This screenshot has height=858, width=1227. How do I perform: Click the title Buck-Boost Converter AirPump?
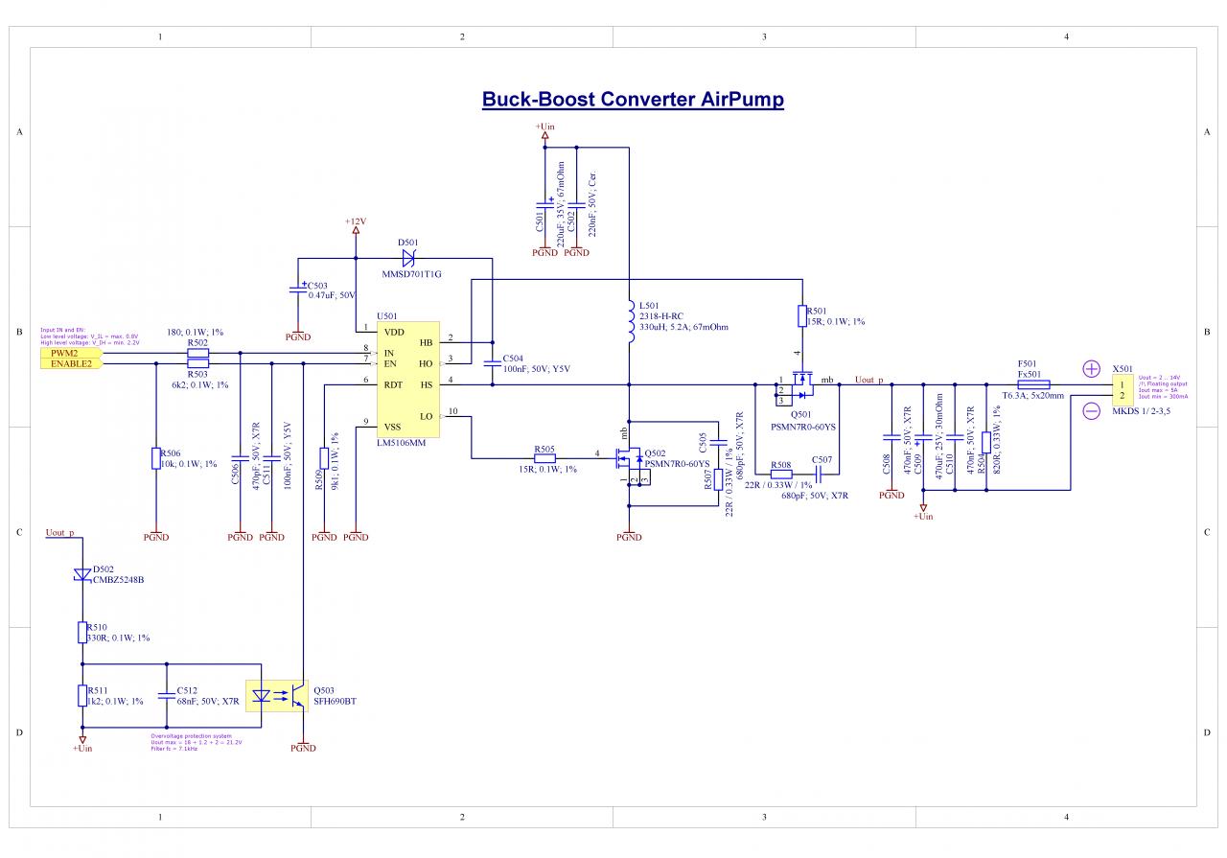633,100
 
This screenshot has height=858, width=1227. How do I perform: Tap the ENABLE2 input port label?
69,364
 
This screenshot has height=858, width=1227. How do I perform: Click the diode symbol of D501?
408,258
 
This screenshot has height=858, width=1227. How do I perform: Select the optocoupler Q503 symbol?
277,697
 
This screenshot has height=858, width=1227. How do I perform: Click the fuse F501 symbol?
1032,384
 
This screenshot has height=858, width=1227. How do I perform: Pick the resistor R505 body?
544,457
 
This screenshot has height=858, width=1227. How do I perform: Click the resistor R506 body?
156,459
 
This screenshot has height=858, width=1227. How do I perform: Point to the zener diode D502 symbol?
82,576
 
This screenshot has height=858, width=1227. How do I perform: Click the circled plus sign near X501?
1091,368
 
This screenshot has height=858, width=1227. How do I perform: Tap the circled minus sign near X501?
1091,410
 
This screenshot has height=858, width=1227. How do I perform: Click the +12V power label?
356,221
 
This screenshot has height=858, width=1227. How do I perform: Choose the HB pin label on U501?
427,341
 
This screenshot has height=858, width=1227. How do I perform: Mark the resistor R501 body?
801,316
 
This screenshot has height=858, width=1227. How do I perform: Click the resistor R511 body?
82,696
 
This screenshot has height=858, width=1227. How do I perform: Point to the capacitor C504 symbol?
493,362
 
